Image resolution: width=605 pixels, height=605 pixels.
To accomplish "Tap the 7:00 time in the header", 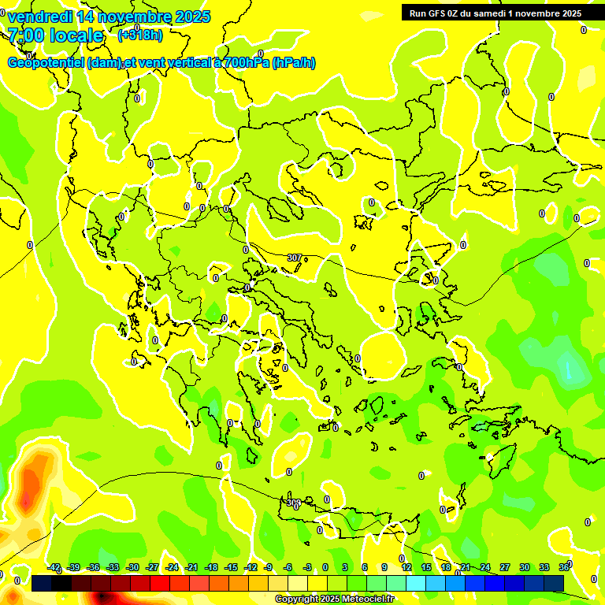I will pos(24,35).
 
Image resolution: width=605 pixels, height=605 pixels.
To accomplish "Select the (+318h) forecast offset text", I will pos(140,35).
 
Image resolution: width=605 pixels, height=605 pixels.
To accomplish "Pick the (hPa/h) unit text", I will pos(294,63).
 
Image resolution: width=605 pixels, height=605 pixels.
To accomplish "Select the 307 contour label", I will pos(294,258).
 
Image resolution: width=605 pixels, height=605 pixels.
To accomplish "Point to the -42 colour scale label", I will pos(54,567).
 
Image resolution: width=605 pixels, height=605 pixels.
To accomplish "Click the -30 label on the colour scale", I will pos(132,567).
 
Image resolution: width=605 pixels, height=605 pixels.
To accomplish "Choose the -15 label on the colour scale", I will pos(230,567).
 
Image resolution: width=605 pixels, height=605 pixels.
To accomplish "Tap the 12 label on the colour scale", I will pos(406,567).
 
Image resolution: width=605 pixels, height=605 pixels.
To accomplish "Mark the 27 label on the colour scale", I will pos(504,567).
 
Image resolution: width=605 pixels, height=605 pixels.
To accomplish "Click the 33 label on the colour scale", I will pos(544,567).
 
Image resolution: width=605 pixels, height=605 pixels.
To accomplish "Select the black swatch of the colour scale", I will pos(61,584).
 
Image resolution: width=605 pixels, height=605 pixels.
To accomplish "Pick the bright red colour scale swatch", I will pos(160,584).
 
